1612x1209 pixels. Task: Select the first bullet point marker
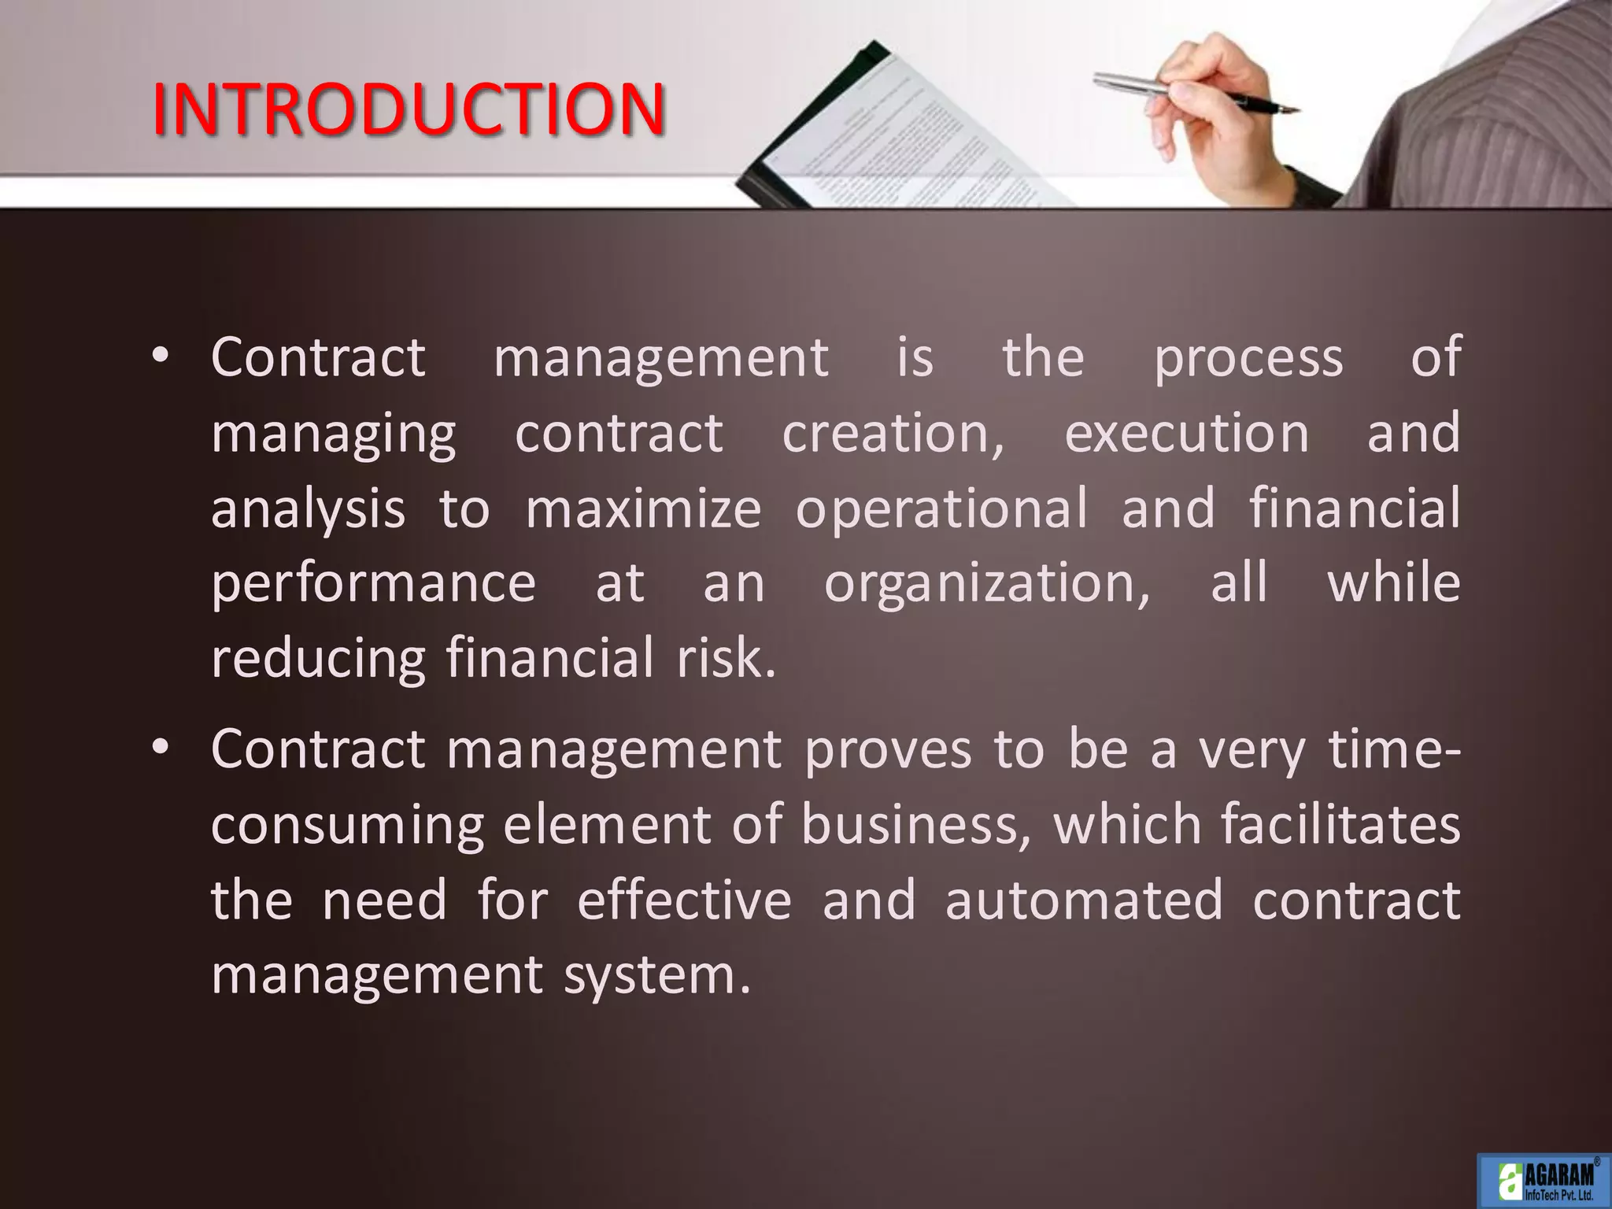click(161, 357)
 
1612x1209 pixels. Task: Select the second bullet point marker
click(161, 749)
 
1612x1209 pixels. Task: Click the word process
click(1248, 358)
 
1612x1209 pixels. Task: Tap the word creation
click(893, 434)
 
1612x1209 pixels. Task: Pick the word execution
click(1187, 434)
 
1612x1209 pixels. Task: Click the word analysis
click(308, 509)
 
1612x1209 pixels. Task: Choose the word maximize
click(643, 509)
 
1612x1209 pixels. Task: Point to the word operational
click(941, 509)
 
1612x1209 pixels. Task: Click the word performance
click(374, 585)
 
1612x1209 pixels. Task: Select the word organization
click(987, 585)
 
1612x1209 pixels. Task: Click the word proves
click(888, 749)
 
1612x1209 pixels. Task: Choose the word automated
click(1084, 900)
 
